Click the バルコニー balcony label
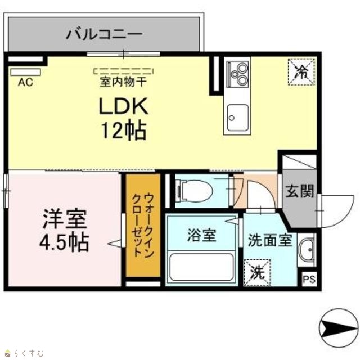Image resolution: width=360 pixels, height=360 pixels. point(104,34)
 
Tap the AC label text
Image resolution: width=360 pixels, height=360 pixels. point(25,82)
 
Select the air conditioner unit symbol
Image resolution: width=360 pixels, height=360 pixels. point(25,72)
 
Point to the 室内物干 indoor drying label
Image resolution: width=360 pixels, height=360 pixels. point(123,82)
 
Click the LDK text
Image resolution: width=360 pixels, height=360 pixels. point(123,106)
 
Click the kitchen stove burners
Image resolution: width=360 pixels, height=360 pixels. point(237,74)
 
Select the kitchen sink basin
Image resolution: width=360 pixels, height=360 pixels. point(238,118)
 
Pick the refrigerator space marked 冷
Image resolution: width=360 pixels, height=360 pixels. point(301,72)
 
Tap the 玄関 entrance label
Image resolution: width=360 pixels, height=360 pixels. point(299,191)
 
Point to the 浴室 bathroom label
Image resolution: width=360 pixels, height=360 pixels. point(202,235)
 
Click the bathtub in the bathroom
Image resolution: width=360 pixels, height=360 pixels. point(201,267)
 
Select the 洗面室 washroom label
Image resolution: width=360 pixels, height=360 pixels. point(270,240)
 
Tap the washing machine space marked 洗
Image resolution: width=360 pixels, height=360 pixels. point(257,272)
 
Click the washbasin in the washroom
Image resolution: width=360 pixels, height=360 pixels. point(307,250)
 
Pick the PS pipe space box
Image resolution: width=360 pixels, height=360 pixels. point(309,280)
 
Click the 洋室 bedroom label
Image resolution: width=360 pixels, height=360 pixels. point(65,219)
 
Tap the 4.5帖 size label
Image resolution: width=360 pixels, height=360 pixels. point(64,242)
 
